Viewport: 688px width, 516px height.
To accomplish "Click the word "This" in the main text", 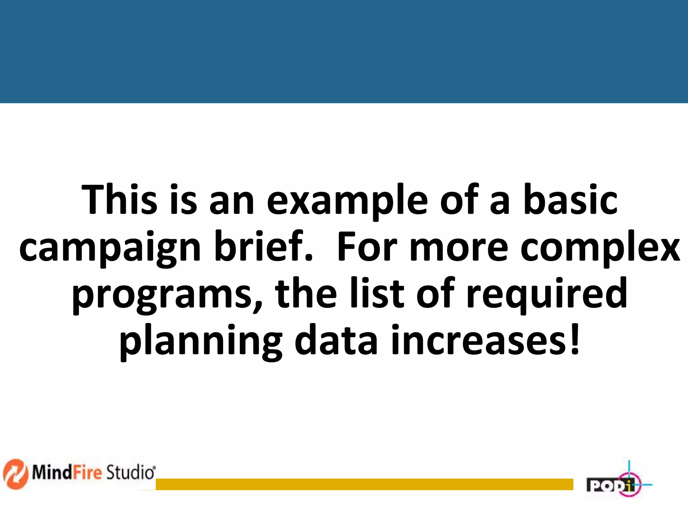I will tap(119, 200).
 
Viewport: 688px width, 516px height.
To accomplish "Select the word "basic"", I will tap(570, 200).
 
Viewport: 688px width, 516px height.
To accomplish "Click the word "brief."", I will tap(264, 247).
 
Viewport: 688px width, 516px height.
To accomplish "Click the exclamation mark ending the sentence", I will tap(575, 339).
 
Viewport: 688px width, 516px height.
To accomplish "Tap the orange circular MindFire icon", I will tap(15, 474).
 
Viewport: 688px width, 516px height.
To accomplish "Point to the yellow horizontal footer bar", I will tap(364, 484).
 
